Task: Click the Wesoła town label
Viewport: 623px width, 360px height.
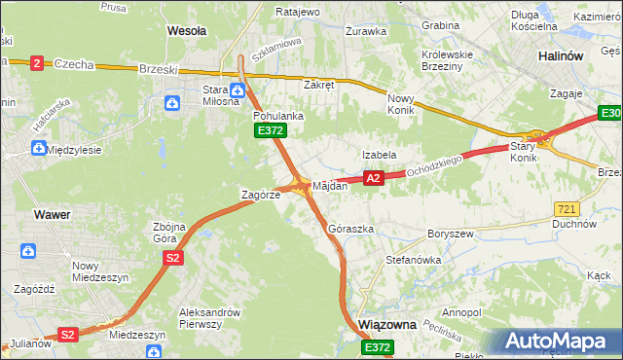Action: (x=187, y=31)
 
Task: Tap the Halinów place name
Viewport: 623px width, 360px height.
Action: (x=560, y=56)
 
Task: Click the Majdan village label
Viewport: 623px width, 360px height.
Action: (x=330, y=185)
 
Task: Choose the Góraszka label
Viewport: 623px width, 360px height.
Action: (x=351, y=229)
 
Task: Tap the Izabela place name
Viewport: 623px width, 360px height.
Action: (x=379, y=155)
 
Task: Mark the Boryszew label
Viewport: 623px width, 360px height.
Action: (x=450, y=234)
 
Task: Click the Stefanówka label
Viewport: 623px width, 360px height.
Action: (x=414, y=260)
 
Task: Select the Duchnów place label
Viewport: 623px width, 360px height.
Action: (x=573, y=223)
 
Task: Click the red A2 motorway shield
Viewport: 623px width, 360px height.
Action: (x=373, y=178)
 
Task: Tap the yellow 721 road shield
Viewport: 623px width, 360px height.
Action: (x=567, y=209)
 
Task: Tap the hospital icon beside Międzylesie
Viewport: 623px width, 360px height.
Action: (x=38, y=149)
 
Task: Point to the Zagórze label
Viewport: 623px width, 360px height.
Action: (x=261, y=195)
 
